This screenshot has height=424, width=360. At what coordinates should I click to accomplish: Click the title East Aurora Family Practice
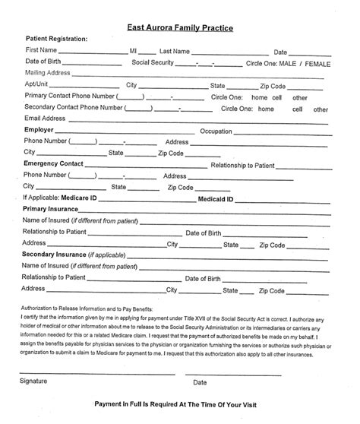[x=179, y=27]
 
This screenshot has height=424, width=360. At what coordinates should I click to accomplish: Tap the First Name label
[x=41, y=50]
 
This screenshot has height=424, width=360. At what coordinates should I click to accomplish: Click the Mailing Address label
[x=48, y=73]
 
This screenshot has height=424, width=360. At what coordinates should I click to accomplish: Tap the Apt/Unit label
[x=37, y=85]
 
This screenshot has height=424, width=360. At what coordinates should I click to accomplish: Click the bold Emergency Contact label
[x=54, y=163]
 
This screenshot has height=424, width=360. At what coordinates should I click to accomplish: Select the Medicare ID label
[x=98, y=198]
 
